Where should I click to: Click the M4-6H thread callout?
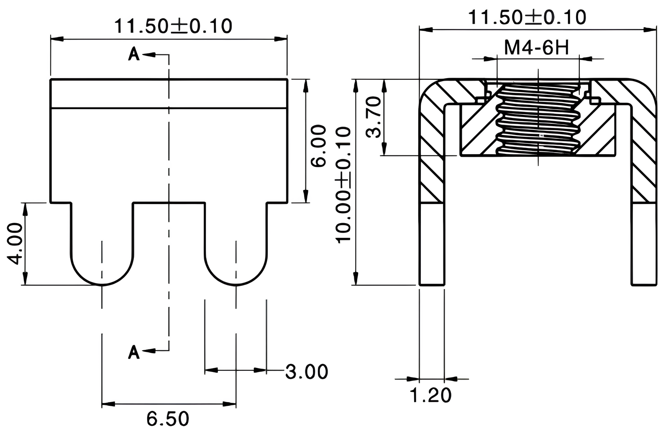coord(536,48)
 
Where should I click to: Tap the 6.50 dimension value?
coord(168,418)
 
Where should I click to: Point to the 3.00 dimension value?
coord(306,372)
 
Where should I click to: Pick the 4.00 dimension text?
coord(16,243)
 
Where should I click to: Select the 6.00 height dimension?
coord(318,145)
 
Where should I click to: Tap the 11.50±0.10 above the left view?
coord(173,26)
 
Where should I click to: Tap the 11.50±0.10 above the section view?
coord(527,18)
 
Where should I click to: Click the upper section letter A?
coord(133,54)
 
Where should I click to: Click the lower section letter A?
coord(133,352)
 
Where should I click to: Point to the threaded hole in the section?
coord(538,119)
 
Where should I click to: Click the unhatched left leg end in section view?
coord(432,245)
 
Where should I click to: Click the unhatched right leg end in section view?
coord(643,245)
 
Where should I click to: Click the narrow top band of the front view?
coord(169,93)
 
